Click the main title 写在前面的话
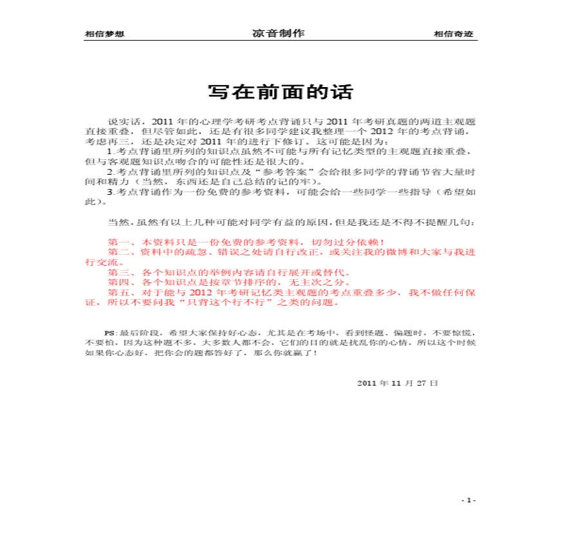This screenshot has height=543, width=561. [x=280, y=92]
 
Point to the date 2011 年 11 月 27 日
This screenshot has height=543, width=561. [x=397, y=382]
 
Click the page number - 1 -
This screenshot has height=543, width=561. [x=469, y=500]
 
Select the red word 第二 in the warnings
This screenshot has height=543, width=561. [x=118, y=252]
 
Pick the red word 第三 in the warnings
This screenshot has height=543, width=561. [x=118, y=272]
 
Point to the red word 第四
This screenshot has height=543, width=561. [x=118, y=282]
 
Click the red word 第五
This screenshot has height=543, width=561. [x=118, y=292]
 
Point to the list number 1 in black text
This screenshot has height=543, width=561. [x=110, y=152]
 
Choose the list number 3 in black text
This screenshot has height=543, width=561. [x=110, y=192]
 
